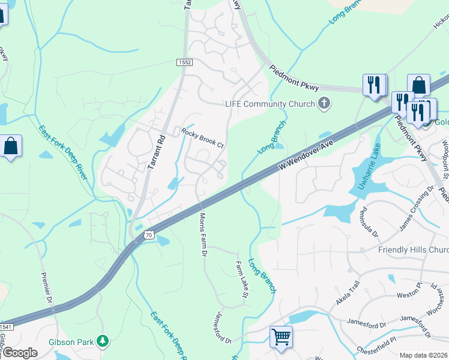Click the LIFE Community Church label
(x=270, y=104)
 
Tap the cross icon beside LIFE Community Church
(x=324, y=103)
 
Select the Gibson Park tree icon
(x=103, y=341)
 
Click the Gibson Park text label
(x=71, y=342)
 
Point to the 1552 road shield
(x=184, y=62)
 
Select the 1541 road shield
(x=5, y=326)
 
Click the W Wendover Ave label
(x=305, y=153)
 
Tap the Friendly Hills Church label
(x=414, y=250)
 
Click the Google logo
(x=20, y=353)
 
